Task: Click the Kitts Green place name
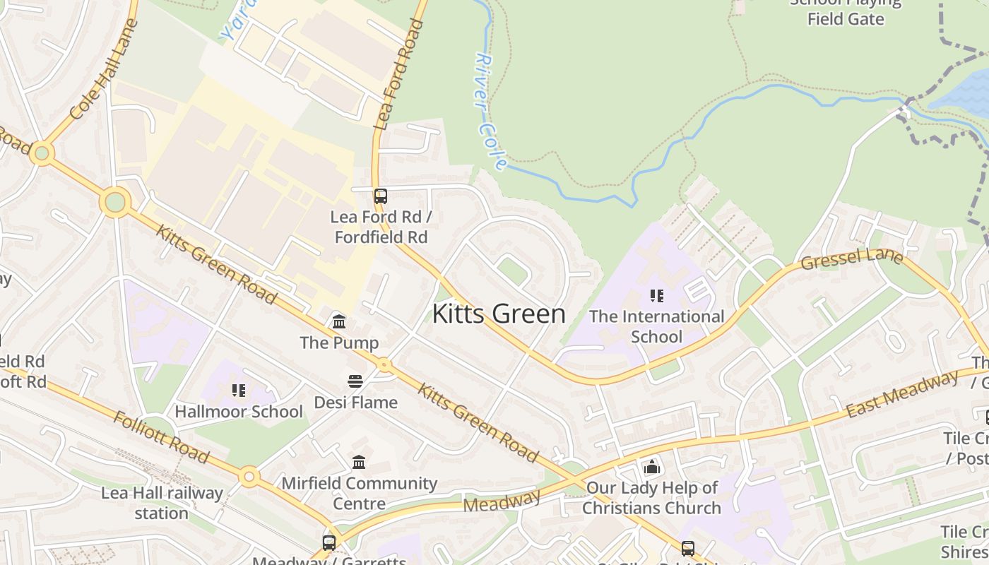(499, 314)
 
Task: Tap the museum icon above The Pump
(339, 322)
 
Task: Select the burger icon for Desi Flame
(355, 381)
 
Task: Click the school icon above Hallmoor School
(239, 390)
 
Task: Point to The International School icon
(657, 296)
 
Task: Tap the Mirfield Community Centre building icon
(359, 462)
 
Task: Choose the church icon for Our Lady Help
(651, 467)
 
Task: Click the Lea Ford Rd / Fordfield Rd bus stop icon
(381, 196)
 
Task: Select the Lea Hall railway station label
(162, 502)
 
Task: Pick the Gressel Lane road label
(851, 258)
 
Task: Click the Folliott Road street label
(160, 436)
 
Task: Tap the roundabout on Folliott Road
(249, 477)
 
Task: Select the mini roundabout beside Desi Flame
(384, 365)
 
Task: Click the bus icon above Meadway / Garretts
(329, 542)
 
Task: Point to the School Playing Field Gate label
(846, 11)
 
